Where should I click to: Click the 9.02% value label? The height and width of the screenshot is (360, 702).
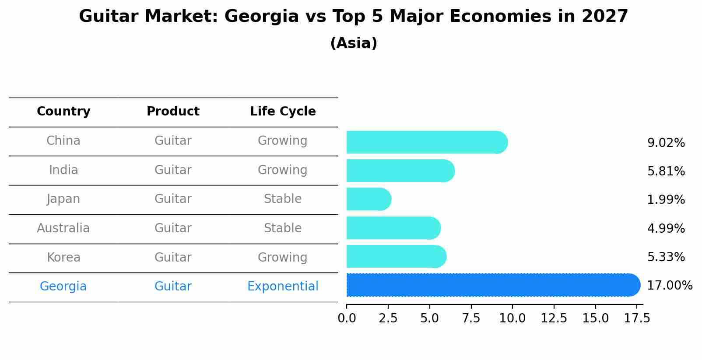(666, 143)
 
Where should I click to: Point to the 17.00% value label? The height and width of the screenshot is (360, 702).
(669, 286)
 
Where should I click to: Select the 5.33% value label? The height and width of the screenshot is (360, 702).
(666, 257)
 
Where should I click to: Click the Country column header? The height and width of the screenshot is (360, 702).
(63, 112)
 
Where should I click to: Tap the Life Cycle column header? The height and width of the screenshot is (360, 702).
(283, 112)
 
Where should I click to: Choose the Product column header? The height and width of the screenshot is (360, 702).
(173, 112)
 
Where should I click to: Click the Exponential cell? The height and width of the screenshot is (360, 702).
(283, 287)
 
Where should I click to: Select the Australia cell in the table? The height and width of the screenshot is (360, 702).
(63, 228)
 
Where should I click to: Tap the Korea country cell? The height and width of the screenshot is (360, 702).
(63, 258)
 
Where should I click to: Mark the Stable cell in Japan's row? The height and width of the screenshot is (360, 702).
(283, 199)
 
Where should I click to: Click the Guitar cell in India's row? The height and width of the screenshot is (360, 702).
(173, 170)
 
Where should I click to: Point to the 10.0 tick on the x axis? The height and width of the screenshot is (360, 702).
(512, 318)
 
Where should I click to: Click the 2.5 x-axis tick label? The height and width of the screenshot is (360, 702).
(388, 318)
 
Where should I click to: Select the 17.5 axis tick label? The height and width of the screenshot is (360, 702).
(637, 318)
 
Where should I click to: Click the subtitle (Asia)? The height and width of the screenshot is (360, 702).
(354, 43)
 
